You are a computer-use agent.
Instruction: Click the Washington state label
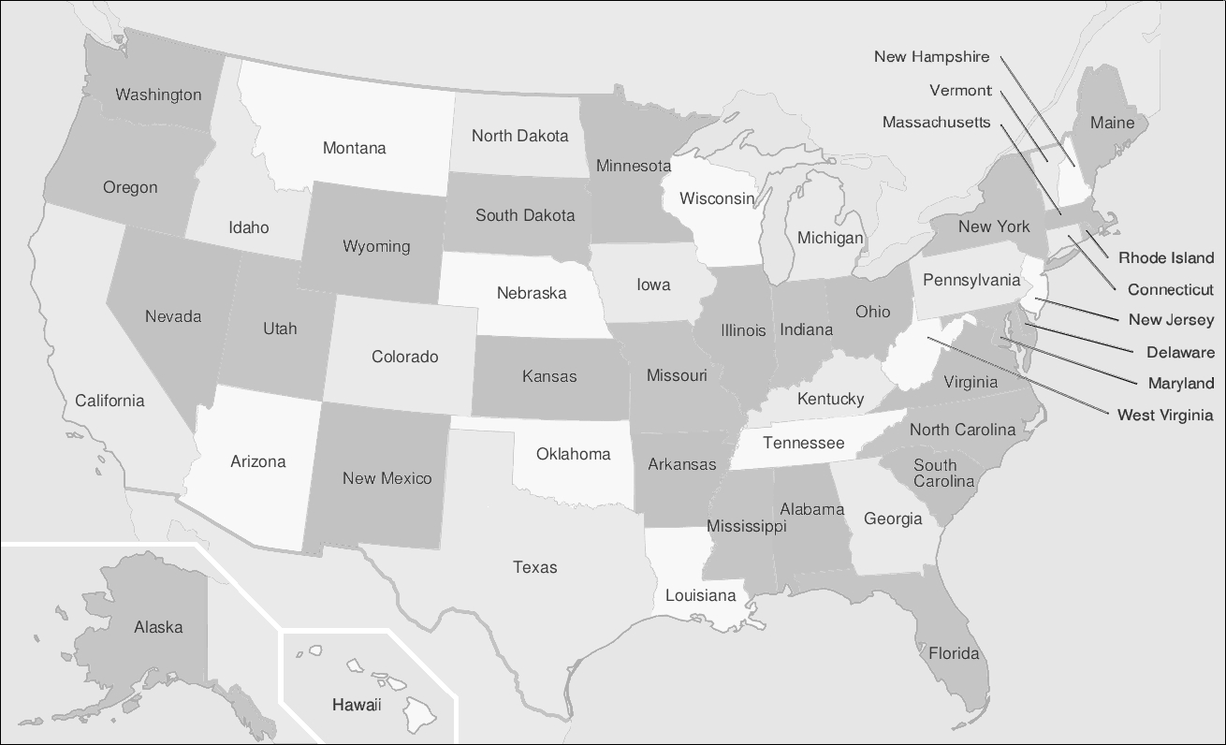pyautogui.click(x=158, y=95)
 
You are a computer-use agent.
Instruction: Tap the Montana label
pyautogui.click(x=354, y=148)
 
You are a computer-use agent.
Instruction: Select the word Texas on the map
pyautogui.click(x=535, y=567)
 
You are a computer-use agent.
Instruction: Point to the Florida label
pyautogui.click(x=954, y=653)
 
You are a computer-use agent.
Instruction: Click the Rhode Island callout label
pyautogui.click(x=1166, y=258)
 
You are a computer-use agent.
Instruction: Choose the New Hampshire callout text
pyautogui.click(x=931, y=57)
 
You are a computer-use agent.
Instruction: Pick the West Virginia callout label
pyautogui.click(x=1165, y=415)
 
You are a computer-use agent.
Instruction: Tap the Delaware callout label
pyautogui.click(x=1180, y=353)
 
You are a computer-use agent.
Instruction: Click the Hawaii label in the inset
pyautogui.click(x=357, y=705)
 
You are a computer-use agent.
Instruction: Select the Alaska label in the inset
pyautogui.click(x=158, y=627)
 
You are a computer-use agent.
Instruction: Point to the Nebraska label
pyautogui.click(x=532, y=293)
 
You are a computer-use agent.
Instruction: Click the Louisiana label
pyautogui.click(x=701, y=595)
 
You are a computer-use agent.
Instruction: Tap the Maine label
pyautogui.click(x=1112, y=123)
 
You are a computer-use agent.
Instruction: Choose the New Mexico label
pyautogui.click(x=387, y=478)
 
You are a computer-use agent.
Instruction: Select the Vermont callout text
pyautogui.click(x=960, y=91)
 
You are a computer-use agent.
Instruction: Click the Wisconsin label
pyautogui.click(x=717, y=198)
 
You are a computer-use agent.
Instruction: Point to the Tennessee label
pyautogui.click(x=803, y=443)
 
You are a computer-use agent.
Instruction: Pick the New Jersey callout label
pyautogui.click(x=1171, y=320)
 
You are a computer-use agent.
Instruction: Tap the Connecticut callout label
pyautogui.click(x=1170, y=290)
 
